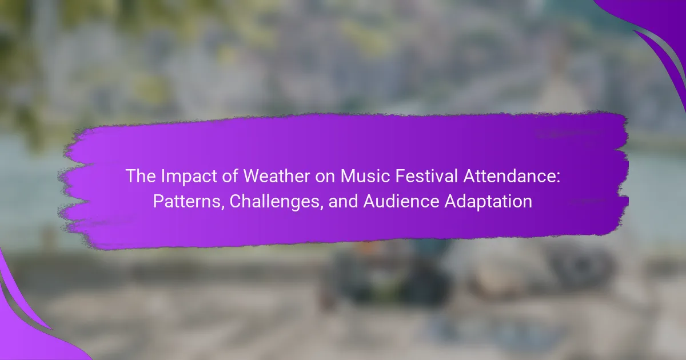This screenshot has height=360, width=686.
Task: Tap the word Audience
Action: [401, 201]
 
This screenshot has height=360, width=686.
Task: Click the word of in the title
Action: [230, 176]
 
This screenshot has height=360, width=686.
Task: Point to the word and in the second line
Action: [343, 201]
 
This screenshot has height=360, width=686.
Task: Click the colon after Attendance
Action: [558, 178]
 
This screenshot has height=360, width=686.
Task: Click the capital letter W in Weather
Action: [254, 176]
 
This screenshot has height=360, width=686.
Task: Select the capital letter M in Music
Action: [348, 176]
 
